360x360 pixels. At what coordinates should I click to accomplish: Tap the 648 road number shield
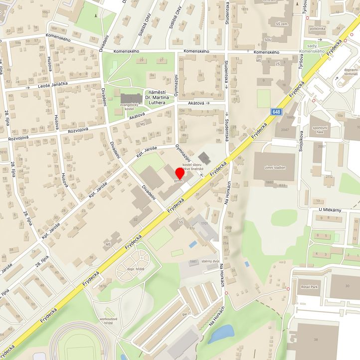276,112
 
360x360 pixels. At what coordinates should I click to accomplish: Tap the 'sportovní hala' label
320,130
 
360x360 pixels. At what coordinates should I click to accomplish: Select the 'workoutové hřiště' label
109,320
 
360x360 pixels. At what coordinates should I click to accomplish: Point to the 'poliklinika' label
318,28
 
